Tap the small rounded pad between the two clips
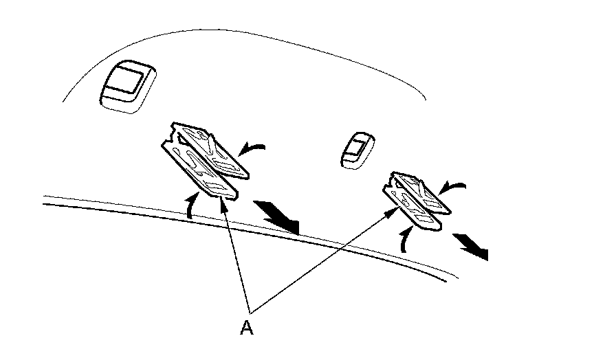pyautogui.click(x=357, y=149)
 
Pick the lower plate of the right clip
pyautogui.click(x=412, y=210)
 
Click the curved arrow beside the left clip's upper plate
pyautogui.click(x=252, y=147)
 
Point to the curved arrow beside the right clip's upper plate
pyautogui.click(x=454, y=185)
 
